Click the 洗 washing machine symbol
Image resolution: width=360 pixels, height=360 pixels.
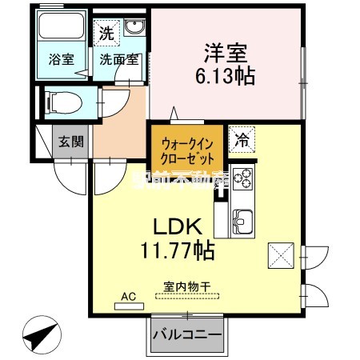(x=106, y=34)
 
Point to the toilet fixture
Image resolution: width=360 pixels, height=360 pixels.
(x=62, y=102)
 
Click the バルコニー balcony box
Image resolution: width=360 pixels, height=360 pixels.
(x=186, y=333)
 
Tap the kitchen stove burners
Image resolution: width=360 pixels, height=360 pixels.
(x=242, y=180)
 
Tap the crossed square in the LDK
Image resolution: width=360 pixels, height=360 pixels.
(x=280, y=255)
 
